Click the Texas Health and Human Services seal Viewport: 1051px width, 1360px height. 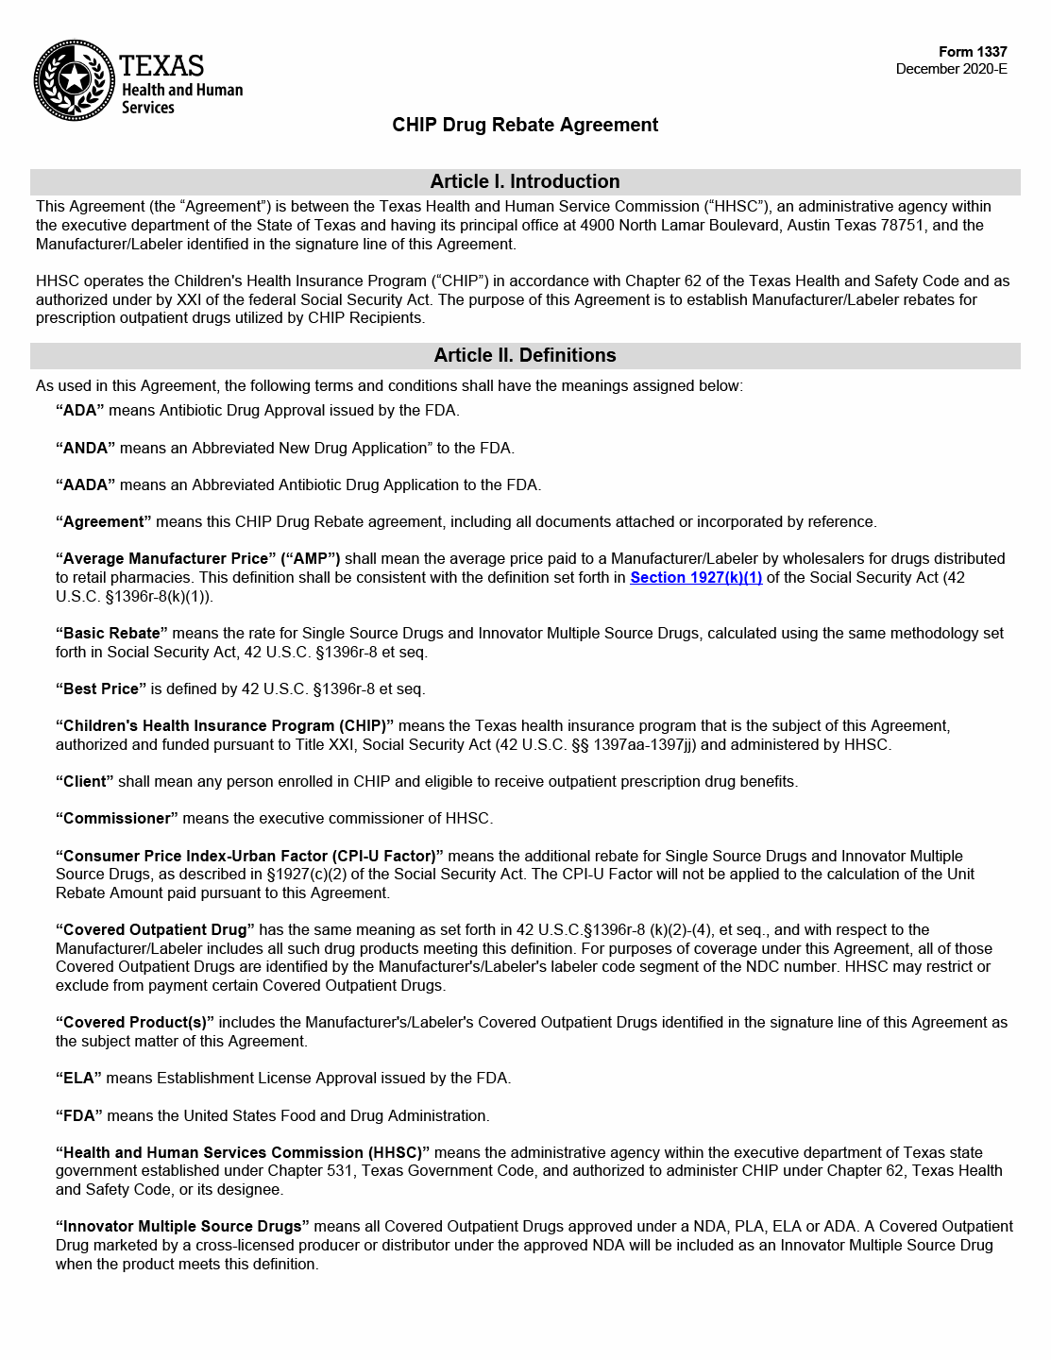75,80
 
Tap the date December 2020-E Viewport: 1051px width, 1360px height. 951,69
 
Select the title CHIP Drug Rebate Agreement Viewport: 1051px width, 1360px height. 525,125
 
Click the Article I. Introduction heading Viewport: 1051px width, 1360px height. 525,181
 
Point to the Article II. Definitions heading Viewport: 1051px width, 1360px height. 525,355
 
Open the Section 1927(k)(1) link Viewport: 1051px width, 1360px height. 696,577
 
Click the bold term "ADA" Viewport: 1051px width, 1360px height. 80,411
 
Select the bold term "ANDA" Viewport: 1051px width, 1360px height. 85,448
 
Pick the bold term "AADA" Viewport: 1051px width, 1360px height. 85,484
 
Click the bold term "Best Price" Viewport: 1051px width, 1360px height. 101,688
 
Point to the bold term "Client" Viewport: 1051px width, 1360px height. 85,781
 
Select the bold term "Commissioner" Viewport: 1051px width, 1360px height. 117,818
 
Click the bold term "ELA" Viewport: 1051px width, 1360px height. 80,1078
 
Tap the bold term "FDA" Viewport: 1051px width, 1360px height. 80,1115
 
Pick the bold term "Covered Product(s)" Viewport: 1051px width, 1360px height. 135,1022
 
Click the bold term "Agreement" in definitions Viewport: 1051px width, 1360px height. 104,521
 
